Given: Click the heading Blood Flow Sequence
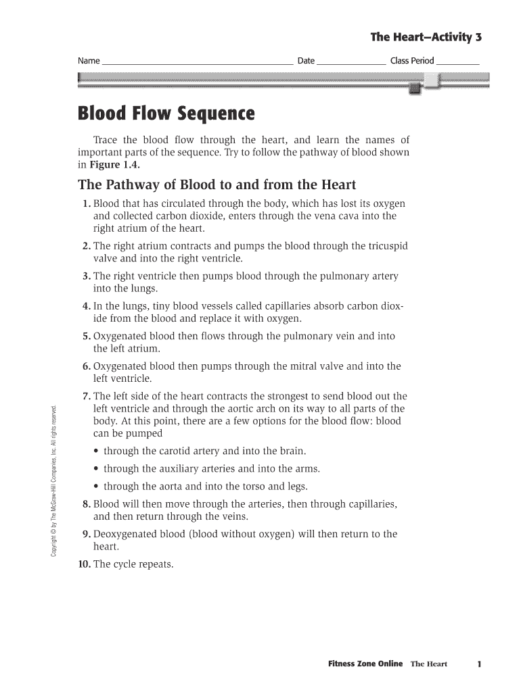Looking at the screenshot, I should [166, 114].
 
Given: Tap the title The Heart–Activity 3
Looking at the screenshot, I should [426, 36].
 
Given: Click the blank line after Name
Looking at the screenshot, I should [197, 61].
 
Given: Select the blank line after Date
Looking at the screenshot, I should [351, 61].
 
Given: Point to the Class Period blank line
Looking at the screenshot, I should [458, 61].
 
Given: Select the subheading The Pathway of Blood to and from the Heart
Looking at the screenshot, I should [217, 184].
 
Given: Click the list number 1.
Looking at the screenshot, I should [86, 204].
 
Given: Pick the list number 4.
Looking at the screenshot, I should [86, 306].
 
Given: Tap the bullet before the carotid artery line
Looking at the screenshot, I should [97, 451].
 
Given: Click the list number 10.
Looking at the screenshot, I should [84, 564].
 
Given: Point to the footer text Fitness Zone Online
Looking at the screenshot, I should [365, 664].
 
